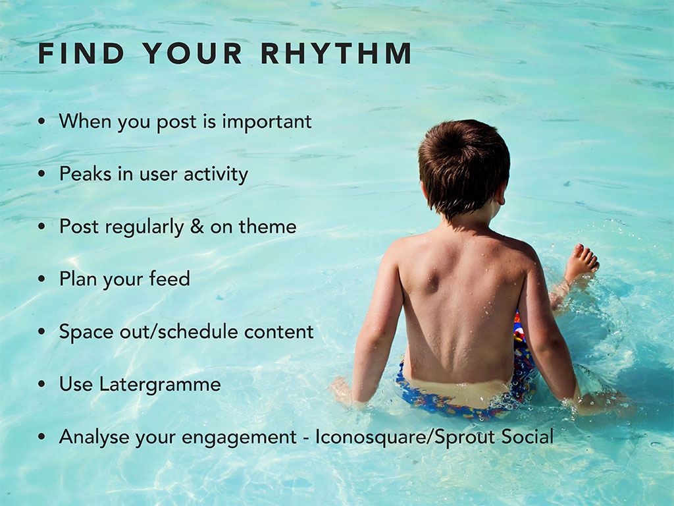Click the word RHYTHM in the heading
click(x=336, y=53)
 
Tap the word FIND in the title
click(x=81, y=53)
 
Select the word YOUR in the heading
click(x=192, y=53)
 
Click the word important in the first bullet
click(x=267, y=122)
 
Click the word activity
click(x=216, y=175)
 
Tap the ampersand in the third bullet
click(x=197, y=227)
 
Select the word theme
click(x=267, y=227)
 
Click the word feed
click(x=169, y=279)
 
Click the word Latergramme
click(x=160, y=384)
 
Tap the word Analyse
click(x=95, y=437)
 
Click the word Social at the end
click(x=527, y=437)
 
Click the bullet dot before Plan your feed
click(x=41, y=279)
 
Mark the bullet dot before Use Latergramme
click(x=41, y=384)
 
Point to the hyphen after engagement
click(x=305, y=439)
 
